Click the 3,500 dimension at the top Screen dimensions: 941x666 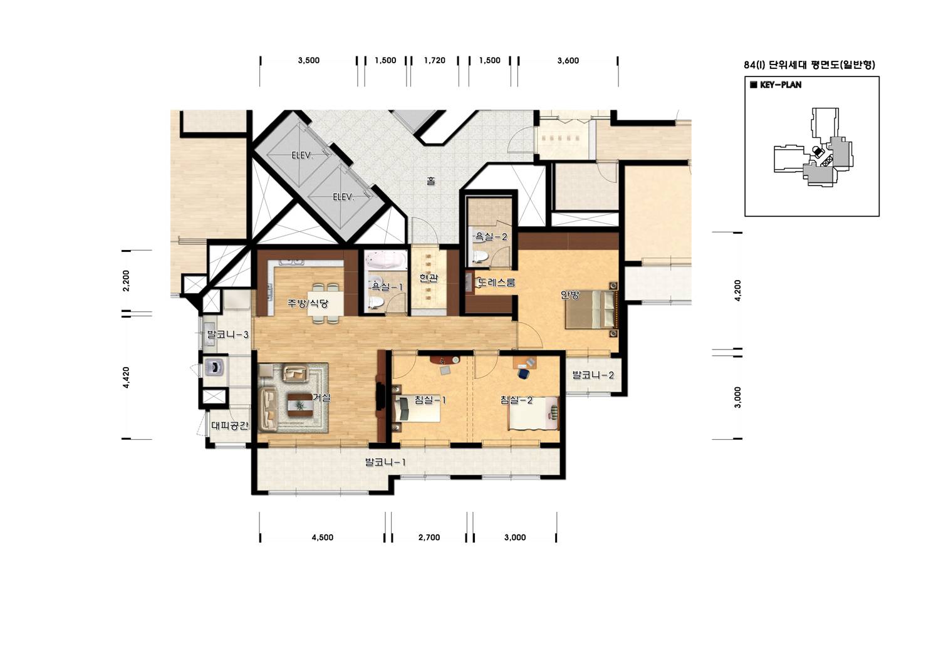[309, 61]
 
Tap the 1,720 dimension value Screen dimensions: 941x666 [434, 61]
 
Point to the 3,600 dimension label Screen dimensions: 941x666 [568, 61]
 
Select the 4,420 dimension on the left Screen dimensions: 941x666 [126, 377]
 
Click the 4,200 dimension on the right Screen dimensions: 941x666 [737, 290]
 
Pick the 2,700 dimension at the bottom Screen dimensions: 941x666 [429, 538]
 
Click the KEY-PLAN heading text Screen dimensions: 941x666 [781, 85]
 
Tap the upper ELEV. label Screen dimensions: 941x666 [303, 155]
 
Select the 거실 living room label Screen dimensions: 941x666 [322, 397]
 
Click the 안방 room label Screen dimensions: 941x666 [570, 295]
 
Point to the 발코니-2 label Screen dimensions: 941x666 [593, 375]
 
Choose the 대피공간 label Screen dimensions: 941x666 [229, 425]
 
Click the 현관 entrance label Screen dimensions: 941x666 [429, 278]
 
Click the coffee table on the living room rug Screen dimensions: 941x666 [299, 405]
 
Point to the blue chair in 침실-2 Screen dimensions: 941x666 [523, 373]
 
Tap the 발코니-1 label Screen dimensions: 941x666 [385, 462]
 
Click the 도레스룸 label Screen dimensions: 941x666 [497, 282]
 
